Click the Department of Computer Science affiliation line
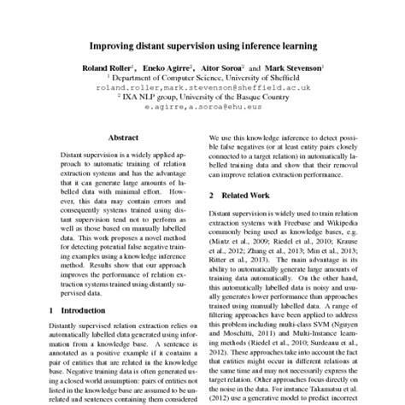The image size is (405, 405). (202, 76)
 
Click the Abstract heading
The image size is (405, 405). (125, 137)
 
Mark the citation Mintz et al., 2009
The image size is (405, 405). (242, 243)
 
